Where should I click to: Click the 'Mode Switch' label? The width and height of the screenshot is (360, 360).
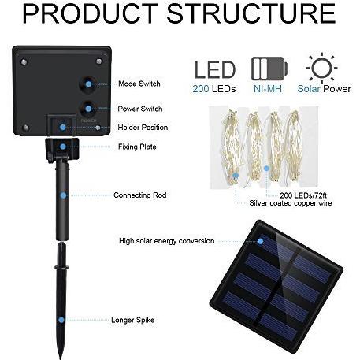[139, 84]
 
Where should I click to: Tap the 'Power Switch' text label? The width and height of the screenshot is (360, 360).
[140, 109]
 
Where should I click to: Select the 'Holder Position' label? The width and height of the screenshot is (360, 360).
[143, 128]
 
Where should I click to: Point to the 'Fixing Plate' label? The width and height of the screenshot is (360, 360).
[137, 147]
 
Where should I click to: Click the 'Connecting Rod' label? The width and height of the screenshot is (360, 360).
[140, 195]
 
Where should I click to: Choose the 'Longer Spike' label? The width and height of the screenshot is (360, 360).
[132, 320]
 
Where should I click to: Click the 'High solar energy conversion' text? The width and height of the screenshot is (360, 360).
[166, 241]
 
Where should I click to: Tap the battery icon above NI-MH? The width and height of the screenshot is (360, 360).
[269, 69]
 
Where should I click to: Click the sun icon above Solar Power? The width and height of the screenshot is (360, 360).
[321, 68]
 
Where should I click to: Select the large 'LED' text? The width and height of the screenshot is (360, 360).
[215, 70]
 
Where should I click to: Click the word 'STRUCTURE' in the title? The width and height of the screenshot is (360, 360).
[251, 13]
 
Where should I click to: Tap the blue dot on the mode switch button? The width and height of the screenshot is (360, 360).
[89, 84]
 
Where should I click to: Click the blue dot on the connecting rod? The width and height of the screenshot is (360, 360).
[63, 195]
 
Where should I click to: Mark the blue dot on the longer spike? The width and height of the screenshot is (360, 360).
[61, 320]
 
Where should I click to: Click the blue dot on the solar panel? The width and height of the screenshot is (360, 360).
[260, 241]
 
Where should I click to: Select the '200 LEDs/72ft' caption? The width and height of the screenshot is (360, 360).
[303, 195]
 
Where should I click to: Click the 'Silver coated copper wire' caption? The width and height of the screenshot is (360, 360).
[291, 203]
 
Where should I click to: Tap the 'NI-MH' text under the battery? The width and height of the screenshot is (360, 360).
[268, 89]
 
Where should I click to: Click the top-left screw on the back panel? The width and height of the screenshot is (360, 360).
[24, 62]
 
